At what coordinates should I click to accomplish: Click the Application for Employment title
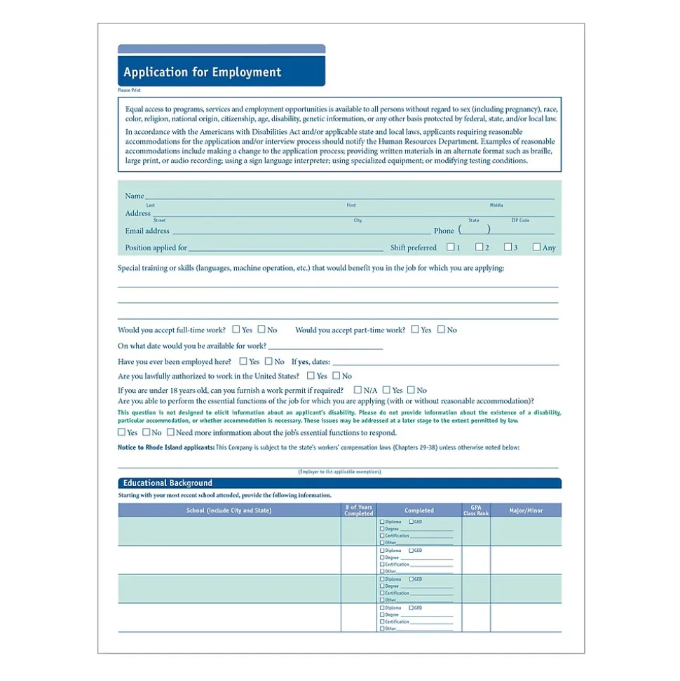pos(202,72)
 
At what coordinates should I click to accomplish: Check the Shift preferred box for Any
pos(537,247)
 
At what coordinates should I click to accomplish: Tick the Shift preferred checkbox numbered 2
pos(480,247)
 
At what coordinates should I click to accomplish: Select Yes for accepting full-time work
pos(237,329)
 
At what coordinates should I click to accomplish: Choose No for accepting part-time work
pos(442,329)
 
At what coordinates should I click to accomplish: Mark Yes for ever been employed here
pos(243,361)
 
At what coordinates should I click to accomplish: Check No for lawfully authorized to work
pos(336,376)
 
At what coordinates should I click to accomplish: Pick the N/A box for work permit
pos(358,390)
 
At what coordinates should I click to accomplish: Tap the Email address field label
pos(147,231)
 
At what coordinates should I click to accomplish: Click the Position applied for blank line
pos(285,249)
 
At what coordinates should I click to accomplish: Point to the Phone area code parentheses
pos(475,230)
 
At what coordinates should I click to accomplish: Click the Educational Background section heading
pos(168,483)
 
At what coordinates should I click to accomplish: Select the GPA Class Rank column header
pos(475,511)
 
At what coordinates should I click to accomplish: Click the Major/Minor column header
pos(526,510)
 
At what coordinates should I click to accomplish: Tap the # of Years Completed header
pos(359,511)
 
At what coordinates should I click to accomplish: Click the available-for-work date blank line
pos(325,348)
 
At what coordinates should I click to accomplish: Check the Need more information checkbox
pos(170,432)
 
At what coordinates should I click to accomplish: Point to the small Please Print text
pos(129,90)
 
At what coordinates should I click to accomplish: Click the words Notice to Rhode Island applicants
pos(166,447)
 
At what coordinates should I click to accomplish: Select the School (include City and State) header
pos(229,511)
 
